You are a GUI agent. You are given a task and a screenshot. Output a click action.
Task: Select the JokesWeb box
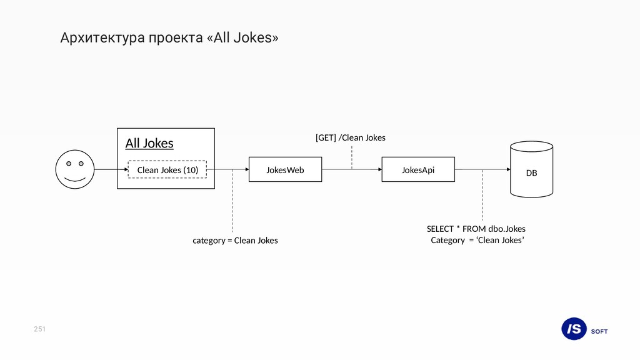pyautogui.click(x=285, y=169)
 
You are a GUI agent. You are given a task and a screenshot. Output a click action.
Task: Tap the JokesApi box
pyautogui.click(x=418, y=169)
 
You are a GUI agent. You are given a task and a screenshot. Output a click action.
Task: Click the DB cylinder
pyautogui.click(x=531, y=170)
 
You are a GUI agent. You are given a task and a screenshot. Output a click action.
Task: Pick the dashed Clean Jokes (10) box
pyautogui.click(x=167, y=169)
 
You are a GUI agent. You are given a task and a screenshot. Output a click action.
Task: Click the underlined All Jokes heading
pyautogui.click(x=149, y=143)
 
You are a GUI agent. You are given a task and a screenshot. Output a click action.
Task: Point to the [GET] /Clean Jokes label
pyautogui.click(x=350, y=137)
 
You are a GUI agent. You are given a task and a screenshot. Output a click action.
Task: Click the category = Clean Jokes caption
pyautogui.click(x=235, y=241)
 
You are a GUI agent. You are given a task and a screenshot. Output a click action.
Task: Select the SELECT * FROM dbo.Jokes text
pyautogui.click(x=476, y=229)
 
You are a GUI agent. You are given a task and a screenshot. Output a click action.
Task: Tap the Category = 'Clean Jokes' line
pyautogui.click(x=477, y=241)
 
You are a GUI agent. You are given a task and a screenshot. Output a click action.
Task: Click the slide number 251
pyautogui.click(x=40, y=329)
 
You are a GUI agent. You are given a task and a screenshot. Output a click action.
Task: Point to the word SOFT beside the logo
pyautogui.click(x=599, y=331)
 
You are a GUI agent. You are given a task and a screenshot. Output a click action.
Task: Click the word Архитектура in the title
pyautogui.click(x=100, y=38)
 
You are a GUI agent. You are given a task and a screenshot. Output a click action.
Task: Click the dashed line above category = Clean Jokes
pyautogui.click(x=232, y=200)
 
